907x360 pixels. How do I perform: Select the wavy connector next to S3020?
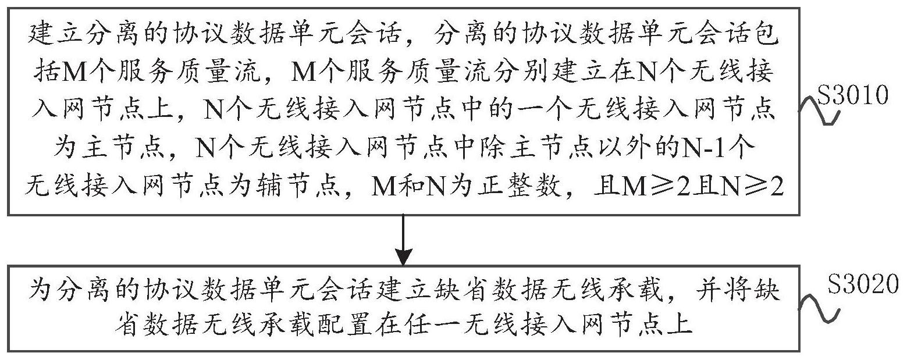[x=820, y=306]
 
